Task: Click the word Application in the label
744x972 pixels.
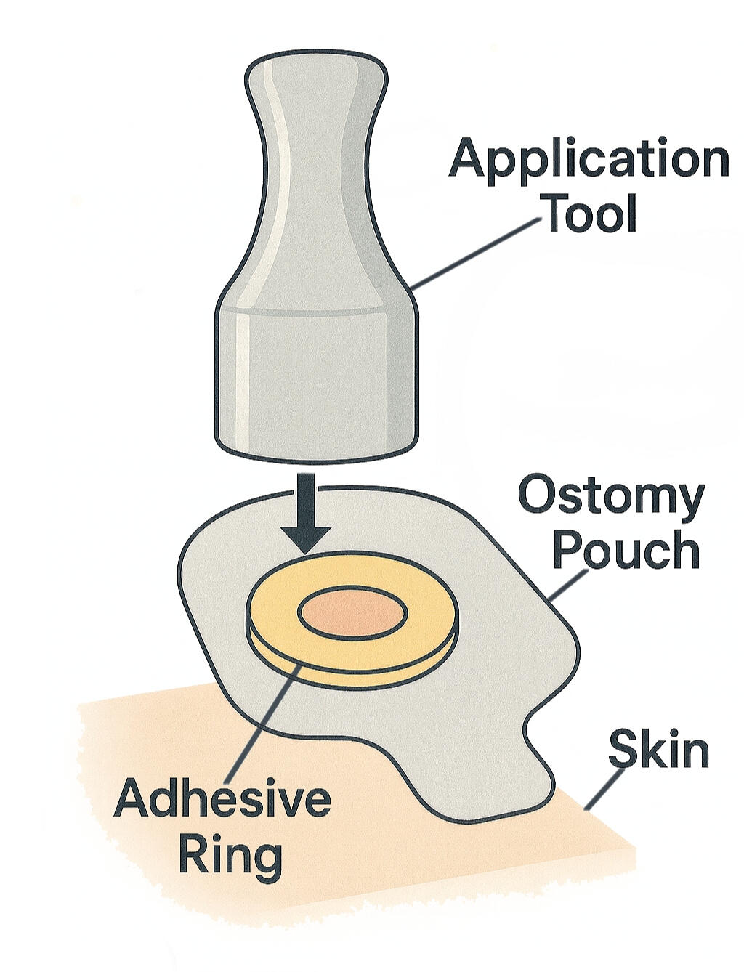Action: coord(589,161)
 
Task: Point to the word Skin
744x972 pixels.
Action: coord(659,748)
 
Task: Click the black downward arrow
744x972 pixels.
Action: coord(306,514)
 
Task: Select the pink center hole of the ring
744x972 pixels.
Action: coord(352,613)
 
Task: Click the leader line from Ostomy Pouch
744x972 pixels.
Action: coord(569,586)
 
